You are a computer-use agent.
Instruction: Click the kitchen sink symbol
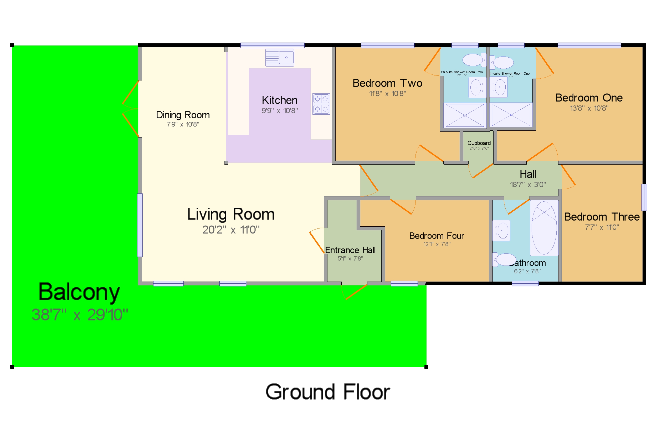(x=280, y=58)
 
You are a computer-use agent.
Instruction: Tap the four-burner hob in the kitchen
(x=321, y=104)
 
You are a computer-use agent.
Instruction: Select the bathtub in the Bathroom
(x=544, y=228)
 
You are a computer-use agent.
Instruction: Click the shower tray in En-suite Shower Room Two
(x=465, y=115)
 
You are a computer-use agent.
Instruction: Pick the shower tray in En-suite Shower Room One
(x=511, y=115)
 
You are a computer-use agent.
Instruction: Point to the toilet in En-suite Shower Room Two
(x=474, y=60)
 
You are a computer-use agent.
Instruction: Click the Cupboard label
(x=479, y=143)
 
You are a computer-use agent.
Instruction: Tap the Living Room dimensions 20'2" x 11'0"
(x=231, y=230)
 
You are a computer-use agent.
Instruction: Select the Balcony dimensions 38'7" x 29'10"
(x=80, y=315)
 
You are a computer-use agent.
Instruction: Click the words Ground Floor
(x=327, y=392)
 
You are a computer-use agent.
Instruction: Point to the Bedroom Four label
(x=437, y=236)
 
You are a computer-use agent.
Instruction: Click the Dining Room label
(x=183, y=115)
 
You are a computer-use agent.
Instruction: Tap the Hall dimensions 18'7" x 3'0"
(x=528, y=184)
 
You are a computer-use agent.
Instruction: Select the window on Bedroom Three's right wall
(x=644, y=197)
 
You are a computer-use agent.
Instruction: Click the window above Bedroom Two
(x=387, y=45)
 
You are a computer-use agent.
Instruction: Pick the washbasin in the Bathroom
(x=501, y=231)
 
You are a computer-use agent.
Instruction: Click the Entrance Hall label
(x=350, y=250)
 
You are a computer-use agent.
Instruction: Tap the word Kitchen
(x=280, y=100)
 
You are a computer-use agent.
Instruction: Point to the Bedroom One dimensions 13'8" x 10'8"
(x=589, y=108)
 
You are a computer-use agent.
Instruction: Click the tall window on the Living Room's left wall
(x=140, y=225)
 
